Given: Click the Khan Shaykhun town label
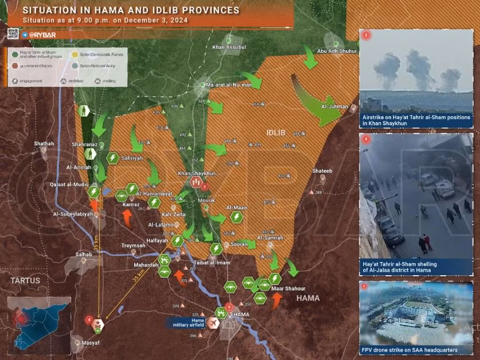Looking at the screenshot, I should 197,173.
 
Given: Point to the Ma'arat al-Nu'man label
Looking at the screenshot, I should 229,85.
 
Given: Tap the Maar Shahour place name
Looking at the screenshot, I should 288,288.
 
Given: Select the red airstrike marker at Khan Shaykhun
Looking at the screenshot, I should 196,183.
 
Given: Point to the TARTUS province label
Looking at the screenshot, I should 25,280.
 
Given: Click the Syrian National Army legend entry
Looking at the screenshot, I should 95,66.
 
